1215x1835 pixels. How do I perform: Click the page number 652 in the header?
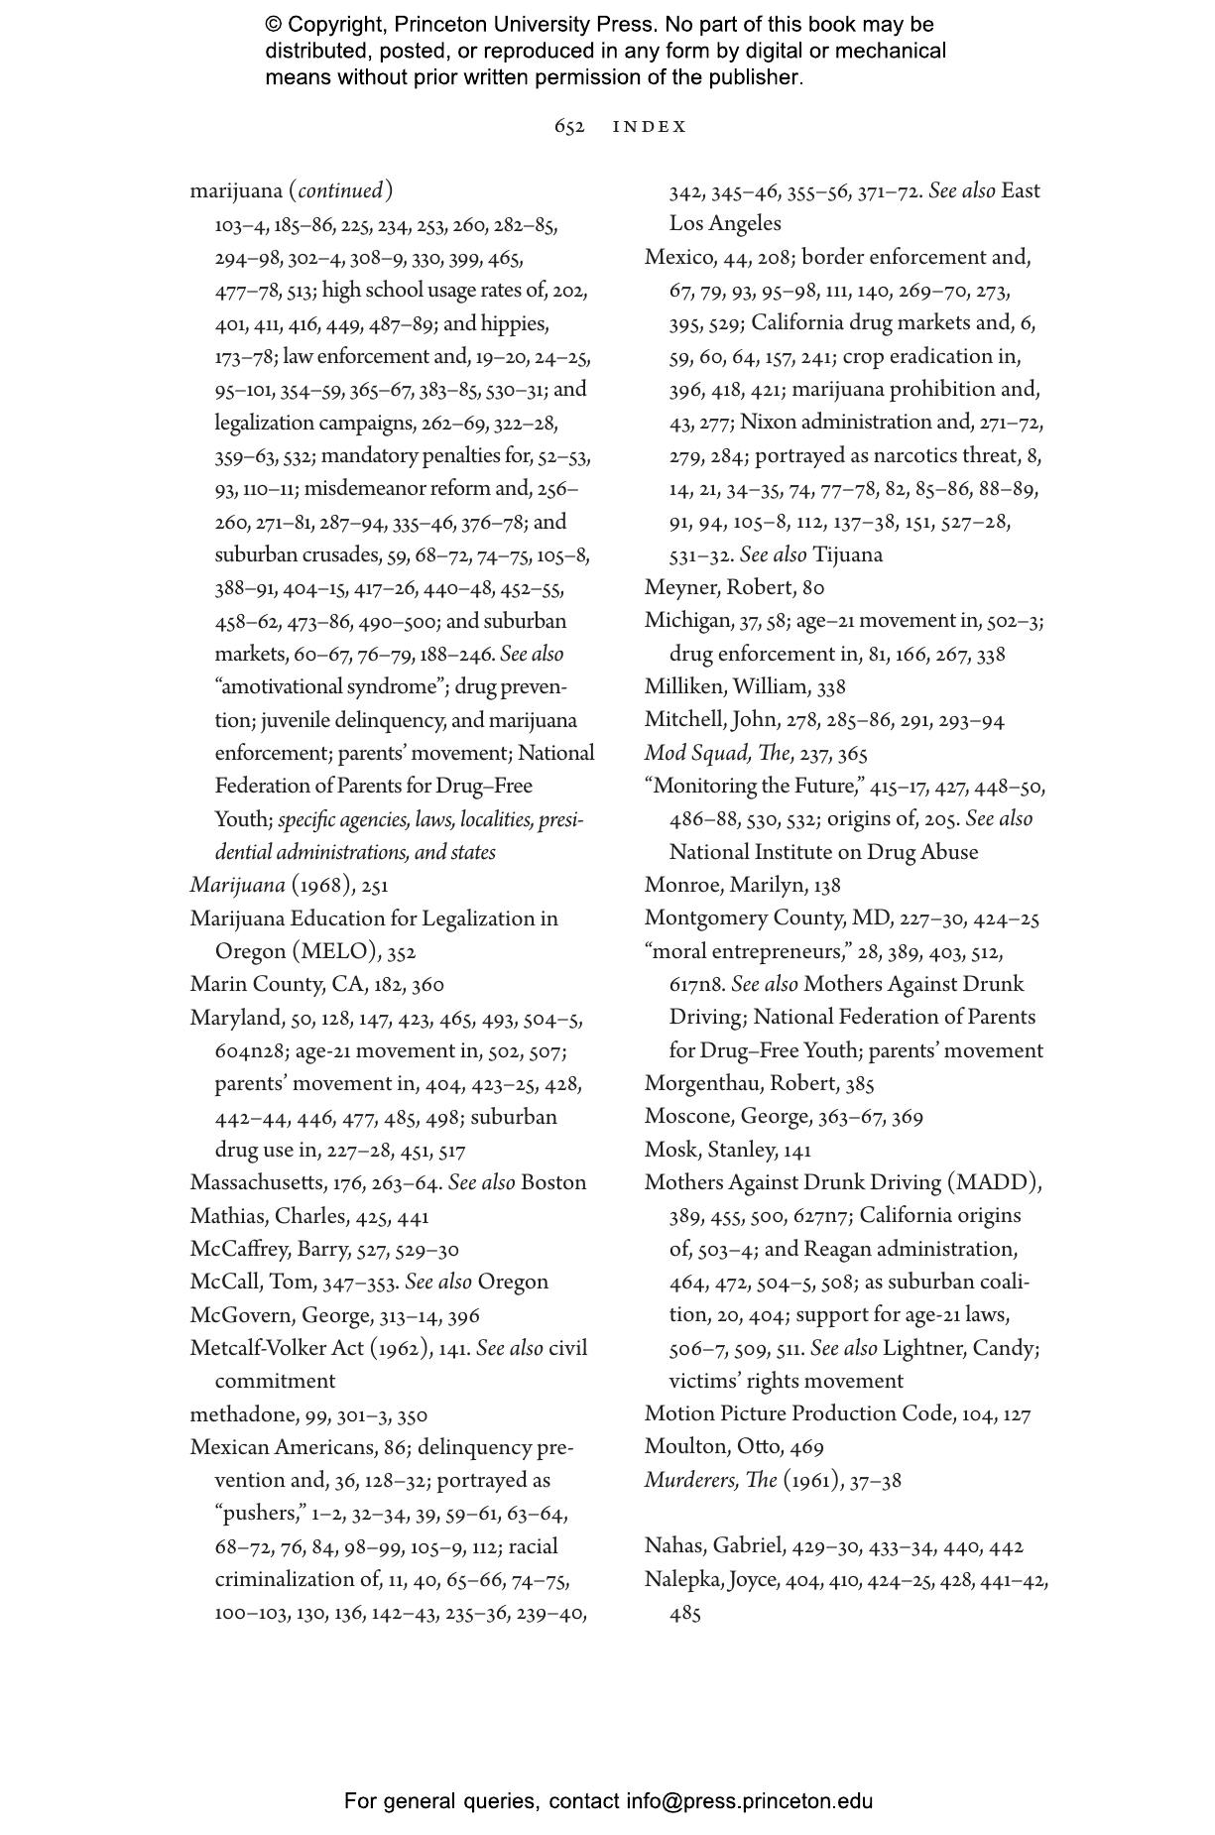click(x=568, y=127)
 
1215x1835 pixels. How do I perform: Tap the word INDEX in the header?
click(x=650, y=127)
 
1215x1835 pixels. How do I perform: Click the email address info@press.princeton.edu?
click(x=749, y=1801)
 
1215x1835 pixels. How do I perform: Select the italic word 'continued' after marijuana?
click(x=340, y=190)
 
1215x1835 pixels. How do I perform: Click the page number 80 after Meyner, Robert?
click(x=812, y=588)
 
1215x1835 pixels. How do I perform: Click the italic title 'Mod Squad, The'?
click(x=717, y=754)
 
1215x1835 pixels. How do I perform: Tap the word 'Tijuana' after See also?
click(x=847, y=555)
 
